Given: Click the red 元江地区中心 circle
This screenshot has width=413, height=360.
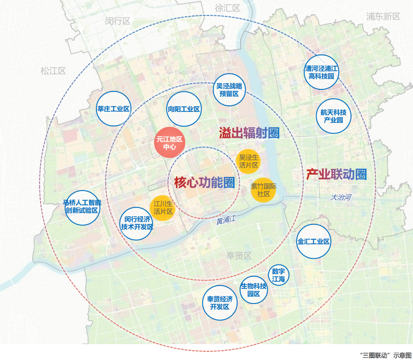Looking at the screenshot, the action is (170, 142).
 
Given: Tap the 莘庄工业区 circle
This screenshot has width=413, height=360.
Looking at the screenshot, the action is (113, 109).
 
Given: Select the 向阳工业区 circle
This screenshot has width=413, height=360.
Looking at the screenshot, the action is (184, 109).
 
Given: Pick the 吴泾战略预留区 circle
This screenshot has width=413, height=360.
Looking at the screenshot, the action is (229, 90).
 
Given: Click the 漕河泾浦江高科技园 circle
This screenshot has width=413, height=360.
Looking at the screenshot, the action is (321, 72).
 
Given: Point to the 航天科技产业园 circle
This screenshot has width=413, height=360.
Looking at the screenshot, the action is (333, 116).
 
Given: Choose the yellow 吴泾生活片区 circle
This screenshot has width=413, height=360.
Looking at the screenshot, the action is (248, 161).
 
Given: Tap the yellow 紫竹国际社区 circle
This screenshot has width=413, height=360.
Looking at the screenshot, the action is (263, 190).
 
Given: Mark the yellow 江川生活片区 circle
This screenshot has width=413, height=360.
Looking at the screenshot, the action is (163, 208).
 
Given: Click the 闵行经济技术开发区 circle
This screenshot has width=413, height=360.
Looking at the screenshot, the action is (136, 223).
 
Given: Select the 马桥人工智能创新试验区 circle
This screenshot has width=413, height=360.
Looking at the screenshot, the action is (83, 208).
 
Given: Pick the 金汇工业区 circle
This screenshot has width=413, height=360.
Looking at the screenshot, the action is (313, 241).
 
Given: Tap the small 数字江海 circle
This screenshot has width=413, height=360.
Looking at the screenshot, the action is (279, 275).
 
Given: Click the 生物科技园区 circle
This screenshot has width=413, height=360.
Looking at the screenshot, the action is (254, 290).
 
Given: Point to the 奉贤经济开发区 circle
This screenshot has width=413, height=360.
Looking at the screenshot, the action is (220, 303).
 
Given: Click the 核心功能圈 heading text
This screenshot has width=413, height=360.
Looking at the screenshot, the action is (204, 182).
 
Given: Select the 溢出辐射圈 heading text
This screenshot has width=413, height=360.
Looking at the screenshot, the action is (249, 132).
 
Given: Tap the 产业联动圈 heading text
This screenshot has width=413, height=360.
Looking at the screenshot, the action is (337, 174).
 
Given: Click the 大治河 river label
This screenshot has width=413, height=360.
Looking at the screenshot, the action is (341, 197).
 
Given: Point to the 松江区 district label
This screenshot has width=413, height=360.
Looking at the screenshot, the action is (53, 71).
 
